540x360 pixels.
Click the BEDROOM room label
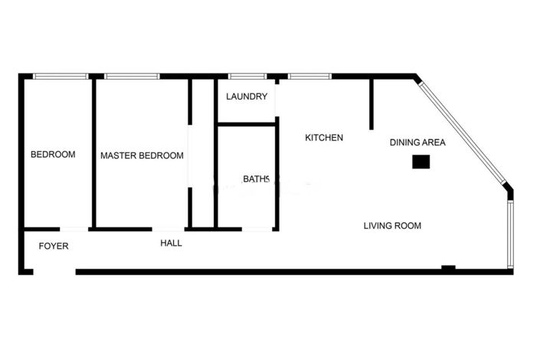tap(53, 155)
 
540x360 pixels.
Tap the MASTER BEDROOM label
tap(142, 155)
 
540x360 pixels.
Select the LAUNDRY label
tap(247, 97)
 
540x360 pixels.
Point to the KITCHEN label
tap(324, 138)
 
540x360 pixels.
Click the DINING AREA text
tap(417, 142)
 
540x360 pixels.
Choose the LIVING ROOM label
tap(392, 225)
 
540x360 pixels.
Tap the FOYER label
tap(54, 246)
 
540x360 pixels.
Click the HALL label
tap(171, 244)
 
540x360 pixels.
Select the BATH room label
tap(256, 179)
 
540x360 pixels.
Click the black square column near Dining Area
tap(421, 162)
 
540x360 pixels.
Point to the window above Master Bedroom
tap(131, 76)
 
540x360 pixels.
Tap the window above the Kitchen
tap(309, 76)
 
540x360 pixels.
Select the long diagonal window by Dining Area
tap(462, 131)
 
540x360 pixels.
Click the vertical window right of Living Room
tap(511, 233)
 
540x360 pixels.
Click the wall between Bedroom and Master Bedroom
tap(94, 153)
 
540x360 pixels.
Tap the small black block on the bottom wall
tap(448, 267)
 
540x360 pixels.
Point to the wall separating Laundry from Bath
tap(247, 123)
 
